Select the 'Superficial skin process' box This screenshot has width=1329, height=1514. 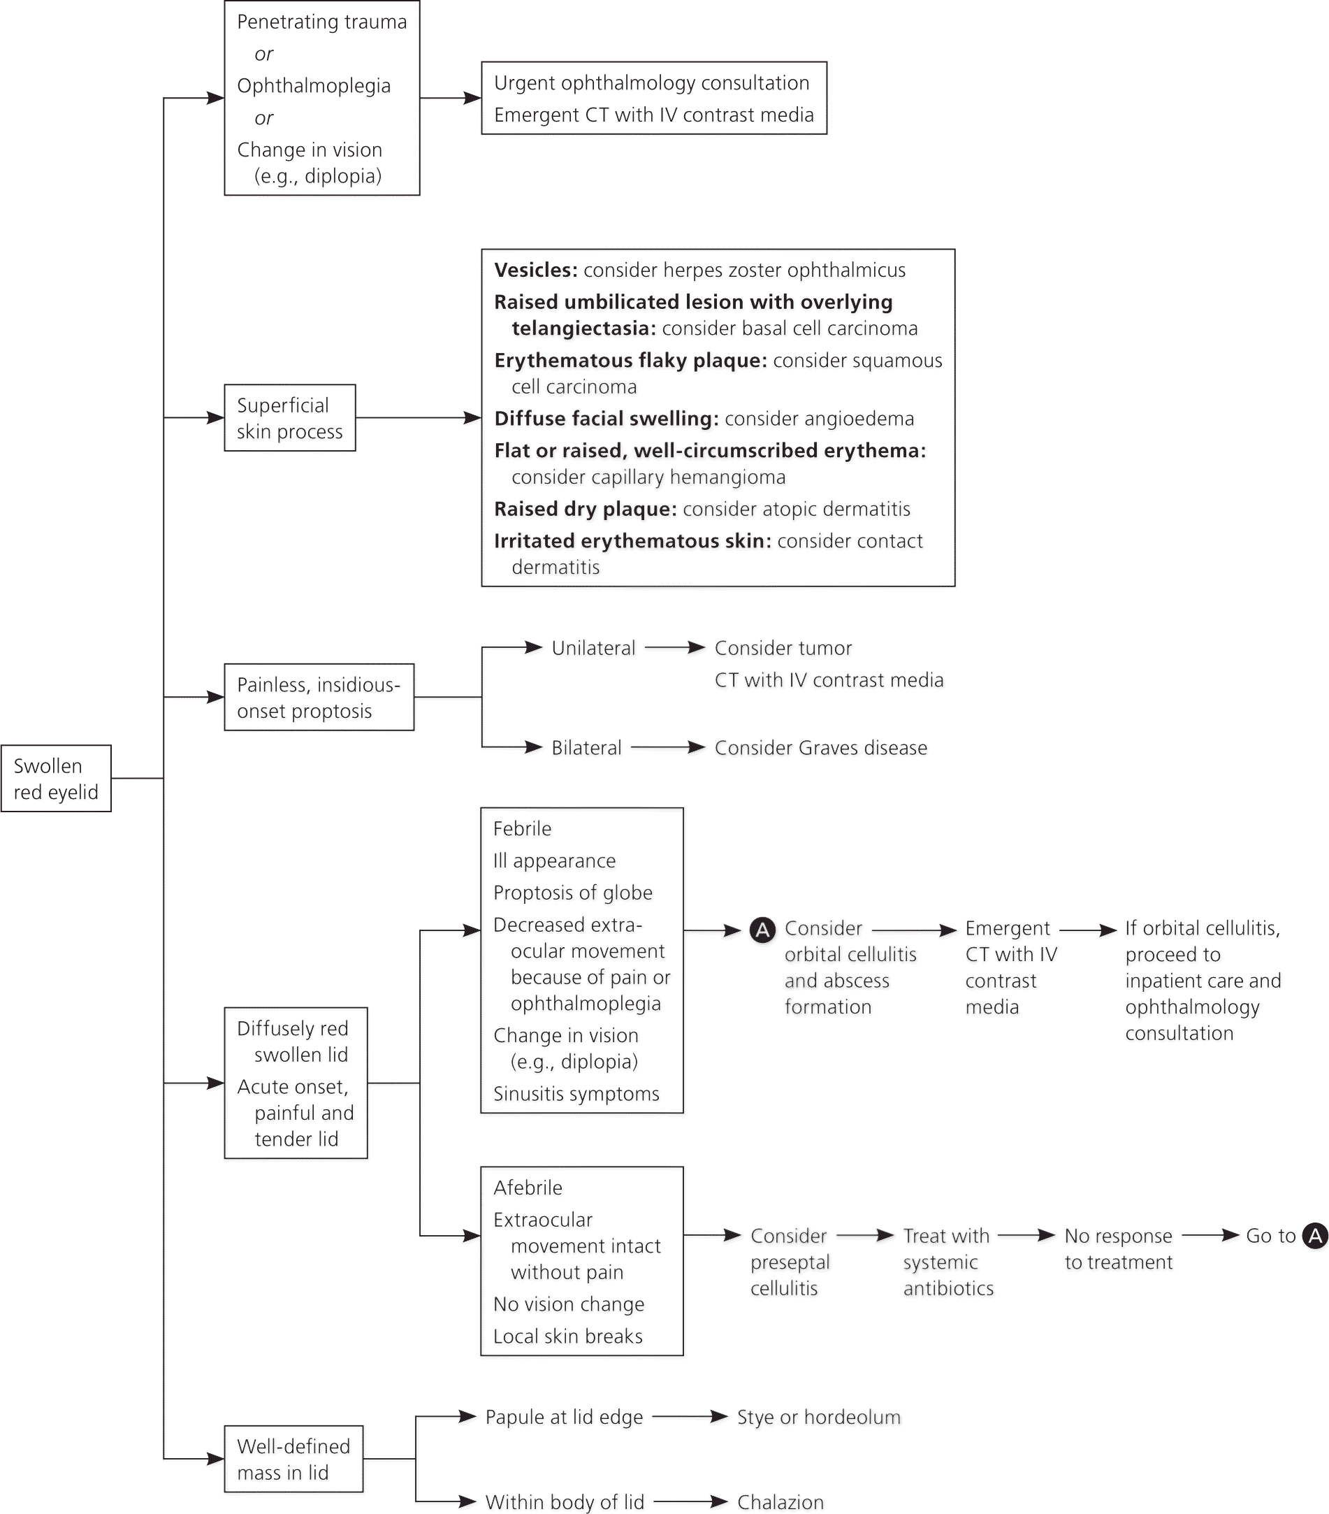click(x=289, y=418)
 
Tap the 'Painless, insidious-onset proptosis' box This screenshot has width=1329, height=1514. click(x=319, y=697)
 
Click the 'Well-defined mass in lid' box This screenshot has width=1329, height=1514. click(x=293, y=1459)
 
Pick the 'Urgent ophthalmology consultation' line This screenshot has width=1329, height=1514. click(x=651, y=83)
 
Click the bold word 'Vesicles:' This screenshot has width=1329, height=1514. click(x=535, y=271)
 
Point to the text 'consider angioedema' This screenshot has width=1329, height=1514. click(x=819, y=419)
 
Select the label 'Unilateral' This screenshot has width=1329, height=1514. click(x=593, y=648)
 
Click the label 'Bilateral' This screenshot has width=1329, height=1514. click(x=586, y=748)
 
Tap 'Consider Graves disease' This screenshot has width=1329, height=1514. click(x=820, y=748)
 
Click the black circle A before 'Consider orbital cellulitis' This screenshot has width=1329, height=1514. click(x=762, y=930)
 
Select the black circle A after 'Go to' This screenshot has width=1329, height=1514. click(x=1315, y=1236)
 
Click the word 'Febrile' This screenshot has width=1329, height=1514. click(x=522, y=829)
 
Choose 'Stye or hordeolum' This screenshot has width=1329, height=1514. click(x=818, y=1417)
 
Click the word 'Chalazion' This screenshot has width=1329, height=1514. click(x=780, y=1502)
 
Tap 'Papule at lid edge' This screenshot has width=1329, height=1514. click(x=563, y=1417)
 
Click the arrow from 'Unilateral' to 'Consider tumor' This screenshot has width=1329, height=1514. click(x=674, y=648)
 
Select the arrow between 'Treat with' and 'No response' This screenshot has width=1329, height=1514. click(x=1026, y=1236)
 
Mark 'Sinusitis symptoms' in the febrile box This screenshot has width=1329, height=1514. click(x=576, y=1094)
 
